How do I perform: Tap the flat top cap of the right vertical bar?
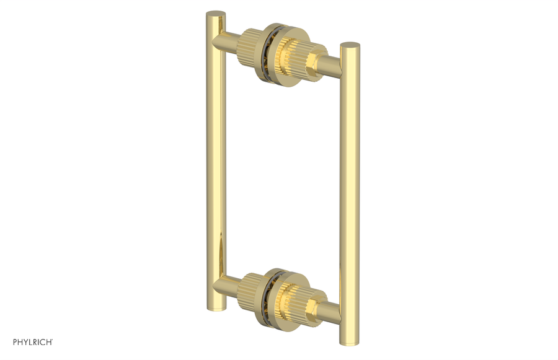click(350, 45)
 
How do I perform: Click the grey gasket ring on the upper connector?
click(267, 52)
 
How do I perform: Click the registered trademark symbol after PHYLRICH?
click(52, 340)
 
